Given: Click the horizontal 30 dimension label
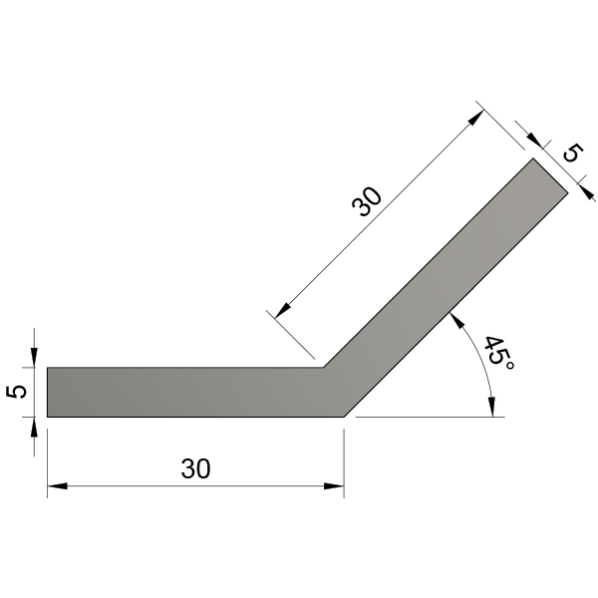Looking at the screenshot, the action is pyautogui.click(x=195, y=468).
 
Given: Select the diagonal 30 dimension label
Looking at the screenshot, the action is pyautogui.click(x=367, y=201).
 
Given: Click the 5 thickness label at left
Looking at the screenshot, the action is pyautogui.click(x=17, y=392).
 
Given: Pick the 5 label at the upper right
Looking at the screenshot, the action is pyautogui.click(x=573, y=152).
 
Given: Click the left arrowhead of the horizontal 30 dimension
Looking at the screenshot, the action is pyautogui.click(x=57, y=486).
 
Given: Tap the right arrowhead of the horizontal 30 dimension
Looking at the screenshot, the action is pyautogui.click(x=334, y=486).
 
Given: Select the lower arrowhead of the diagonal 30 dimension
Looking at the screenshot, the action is pyautogui.click(x=282, y=310).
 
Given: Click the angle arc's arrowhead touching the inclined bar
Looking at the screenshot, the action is pyautogui.click(x=456, y=320).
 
